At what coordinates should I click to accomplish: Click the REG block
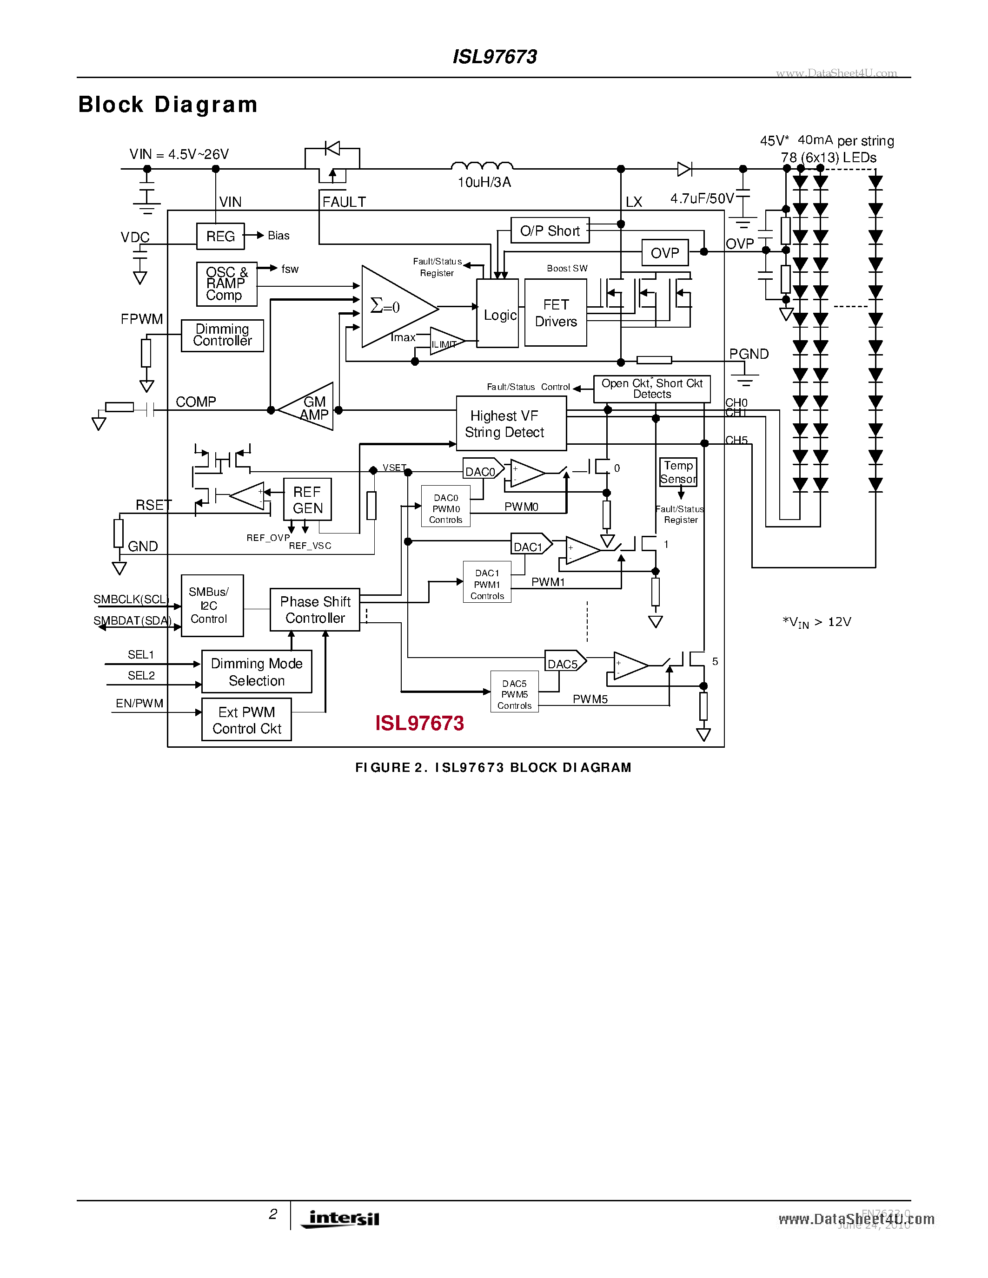(x=220, y=236)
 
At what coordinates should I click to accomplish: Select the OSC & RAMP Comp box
(x=226, y=284)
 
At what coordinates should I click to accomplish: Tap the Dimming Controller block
(x=222, y=335)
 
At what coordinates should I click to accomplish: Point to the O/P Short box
(x=550, y=231)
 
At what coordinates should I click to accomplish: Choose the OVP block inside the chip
(x=665, y=253)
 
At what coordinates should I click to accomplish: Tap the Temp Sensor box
(x=678, y=472)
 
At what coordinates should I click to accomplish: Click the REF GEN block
(x=307, y=499)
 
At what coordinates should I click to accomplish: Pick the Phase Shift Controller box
(x=315, y=610)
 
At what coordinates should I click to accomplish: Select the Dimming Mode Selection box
(x=256, y=672)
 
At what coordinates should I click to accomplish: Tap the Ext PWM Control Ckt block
(x=246, y=720)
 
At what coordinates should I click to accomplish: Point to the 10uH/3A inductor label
(x=484, y=183)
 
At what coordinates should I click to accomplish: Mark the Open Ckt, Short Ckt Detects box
(x=651, y=389)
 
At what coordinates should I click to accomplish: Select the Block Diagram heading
(x=168, y=105)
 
